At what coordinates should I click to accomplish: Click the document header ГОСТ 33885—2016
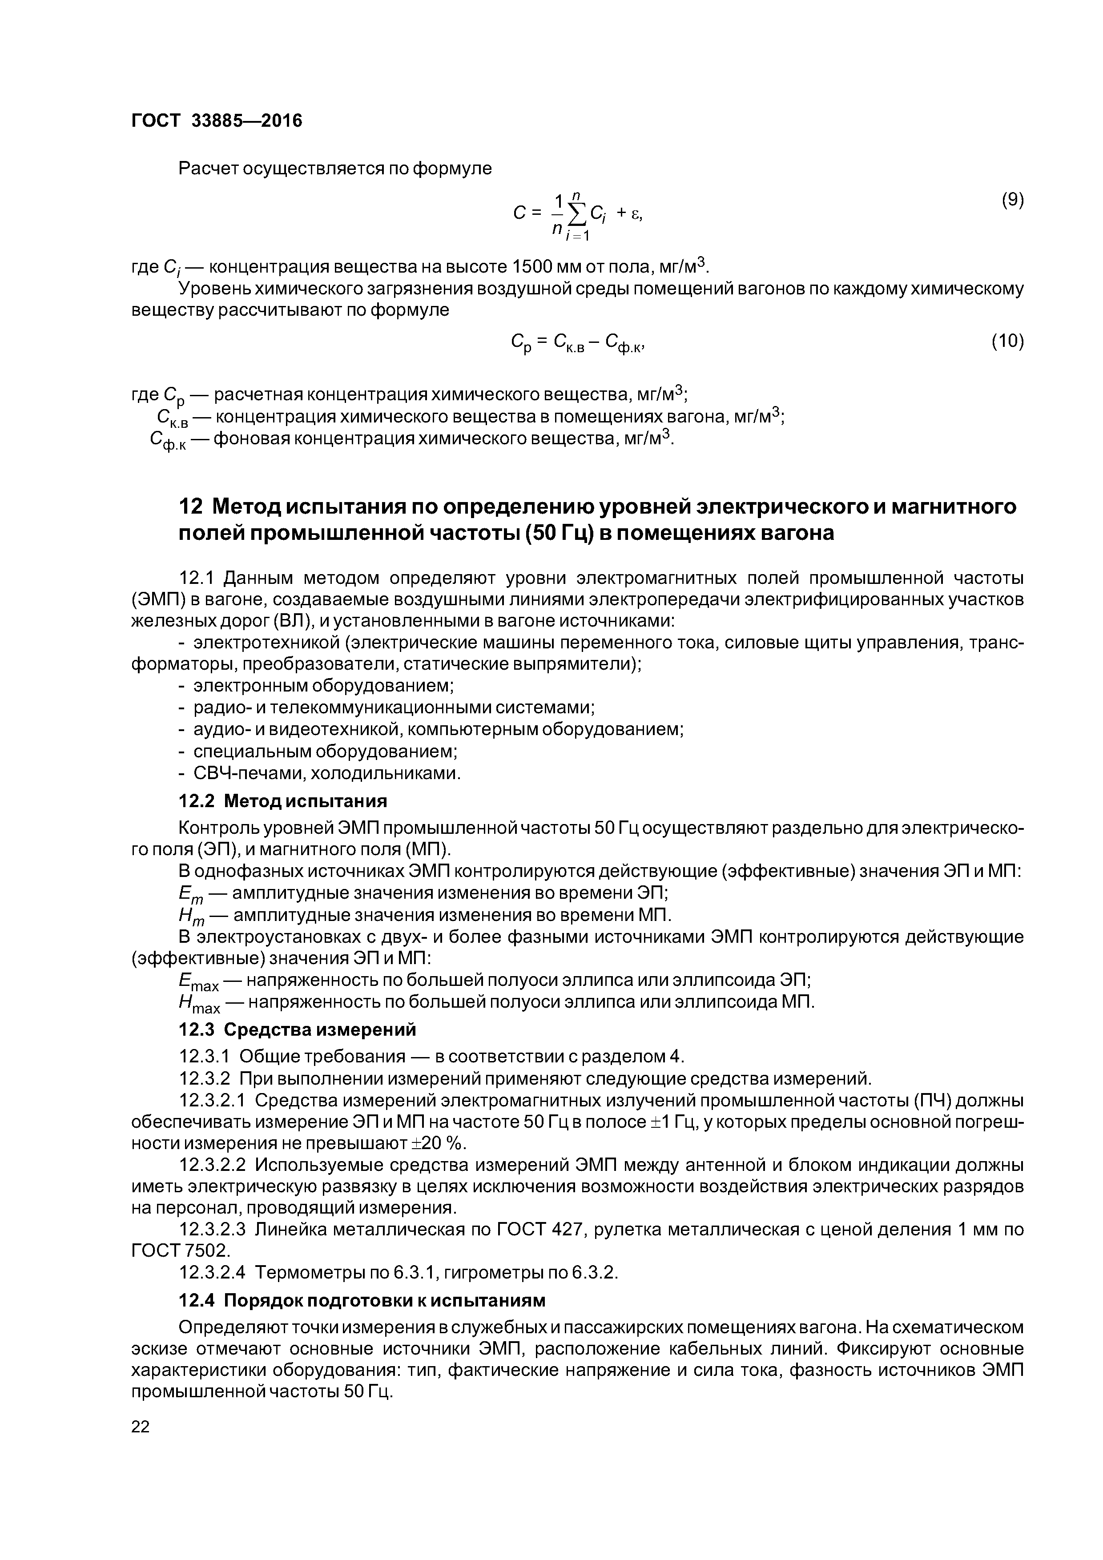[x=216, y=121]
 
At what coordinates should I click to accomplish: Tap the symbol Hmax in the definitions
[x=198, y=1004]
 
